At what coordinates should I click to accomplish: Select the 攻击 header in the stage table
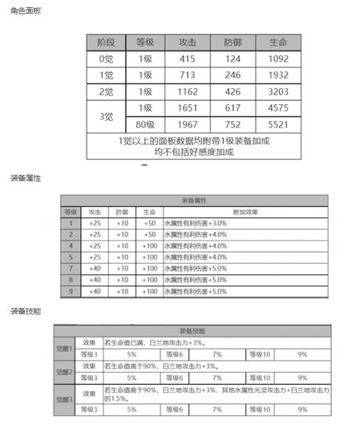point(188,42)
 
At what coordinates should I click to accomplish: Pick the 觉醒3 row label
point(64,399)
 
